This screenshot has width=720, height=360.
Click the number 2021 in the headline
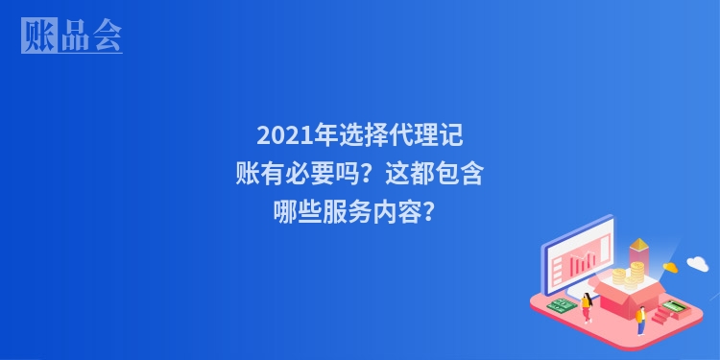[x=280, y=135]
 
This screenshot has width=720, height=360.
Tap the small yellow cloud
[x=669, y=266]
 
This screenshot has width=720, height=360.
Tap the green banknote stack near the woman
[x=562, y=305]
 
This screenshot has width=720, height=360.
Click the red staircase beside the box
[x=662, y=315]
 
